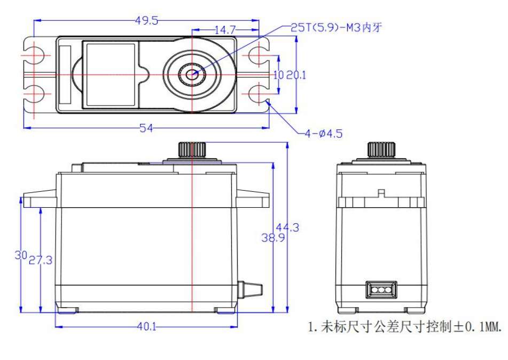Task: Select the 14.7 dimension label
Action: (225, 30)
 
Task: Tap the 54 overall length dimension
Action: (146, 128)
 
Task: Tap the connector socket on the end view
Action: (381, 290)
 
